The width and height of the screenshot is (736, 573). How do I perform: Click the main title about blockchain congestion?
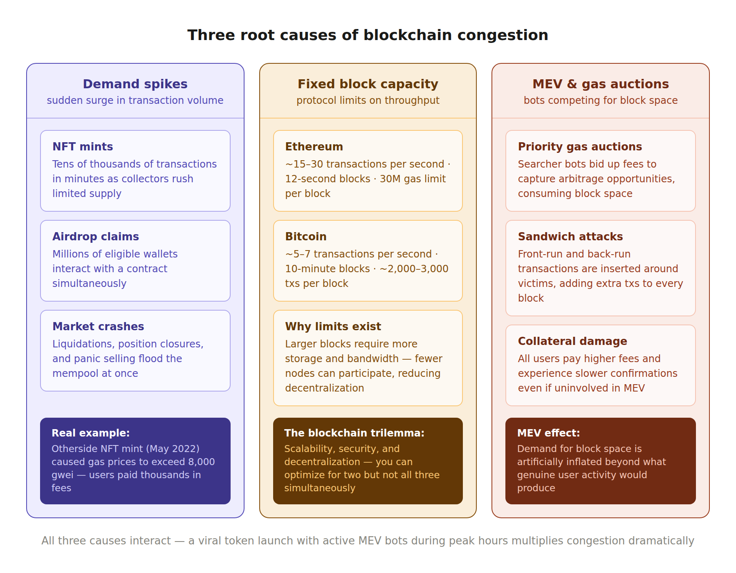click(x=368, y=35)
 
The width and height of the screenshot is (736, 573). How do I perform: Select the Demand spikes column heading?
click(x=135, y=84)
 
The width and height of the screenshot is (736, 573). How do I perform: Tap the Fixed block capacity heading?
click(x=368, y=84)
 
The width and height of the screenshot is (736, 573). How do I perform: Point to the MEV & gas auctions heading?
click(x=600, y=84)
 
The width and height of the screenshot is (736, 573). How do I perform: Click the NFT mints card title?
click(x=83, y=147)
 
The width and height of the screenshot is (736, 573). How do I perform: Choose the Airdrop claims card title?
click(x=96, y=237)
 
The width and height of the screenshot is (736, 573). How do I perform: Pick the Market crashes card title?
click(x=98, y=327)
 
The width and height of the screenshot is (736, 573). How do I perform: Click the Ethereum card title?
click(x=314, y=147)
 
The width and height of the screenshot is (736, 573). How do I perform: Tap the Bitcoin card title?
click(x=306, y=237)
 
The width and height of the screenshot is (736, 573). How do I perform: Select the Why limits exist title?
click(x=333, y=327)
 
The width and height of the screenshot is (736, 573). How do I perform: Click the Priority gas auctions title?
click(x=580, y=147)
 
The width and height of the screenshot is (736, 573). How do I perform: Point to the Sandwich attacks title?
click(x=570, y=237)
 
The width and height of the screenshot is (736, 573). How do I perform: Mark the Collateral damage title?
click(x=572, y=341)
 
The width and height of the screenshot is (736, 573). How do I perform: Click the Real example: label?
click(x=90, y=433)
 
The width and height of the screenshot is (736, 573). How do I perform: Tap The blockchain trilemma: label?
click(x=354, y=433)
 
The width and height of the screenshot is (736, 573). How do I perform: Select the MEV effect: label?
click(x=548, y=433)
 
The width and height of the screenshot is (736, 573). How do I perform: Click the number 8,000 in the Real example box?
click(x=201, y=462)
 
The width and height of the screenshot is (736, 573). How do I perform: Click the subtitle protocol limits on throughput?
click(x=368, y=101)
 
